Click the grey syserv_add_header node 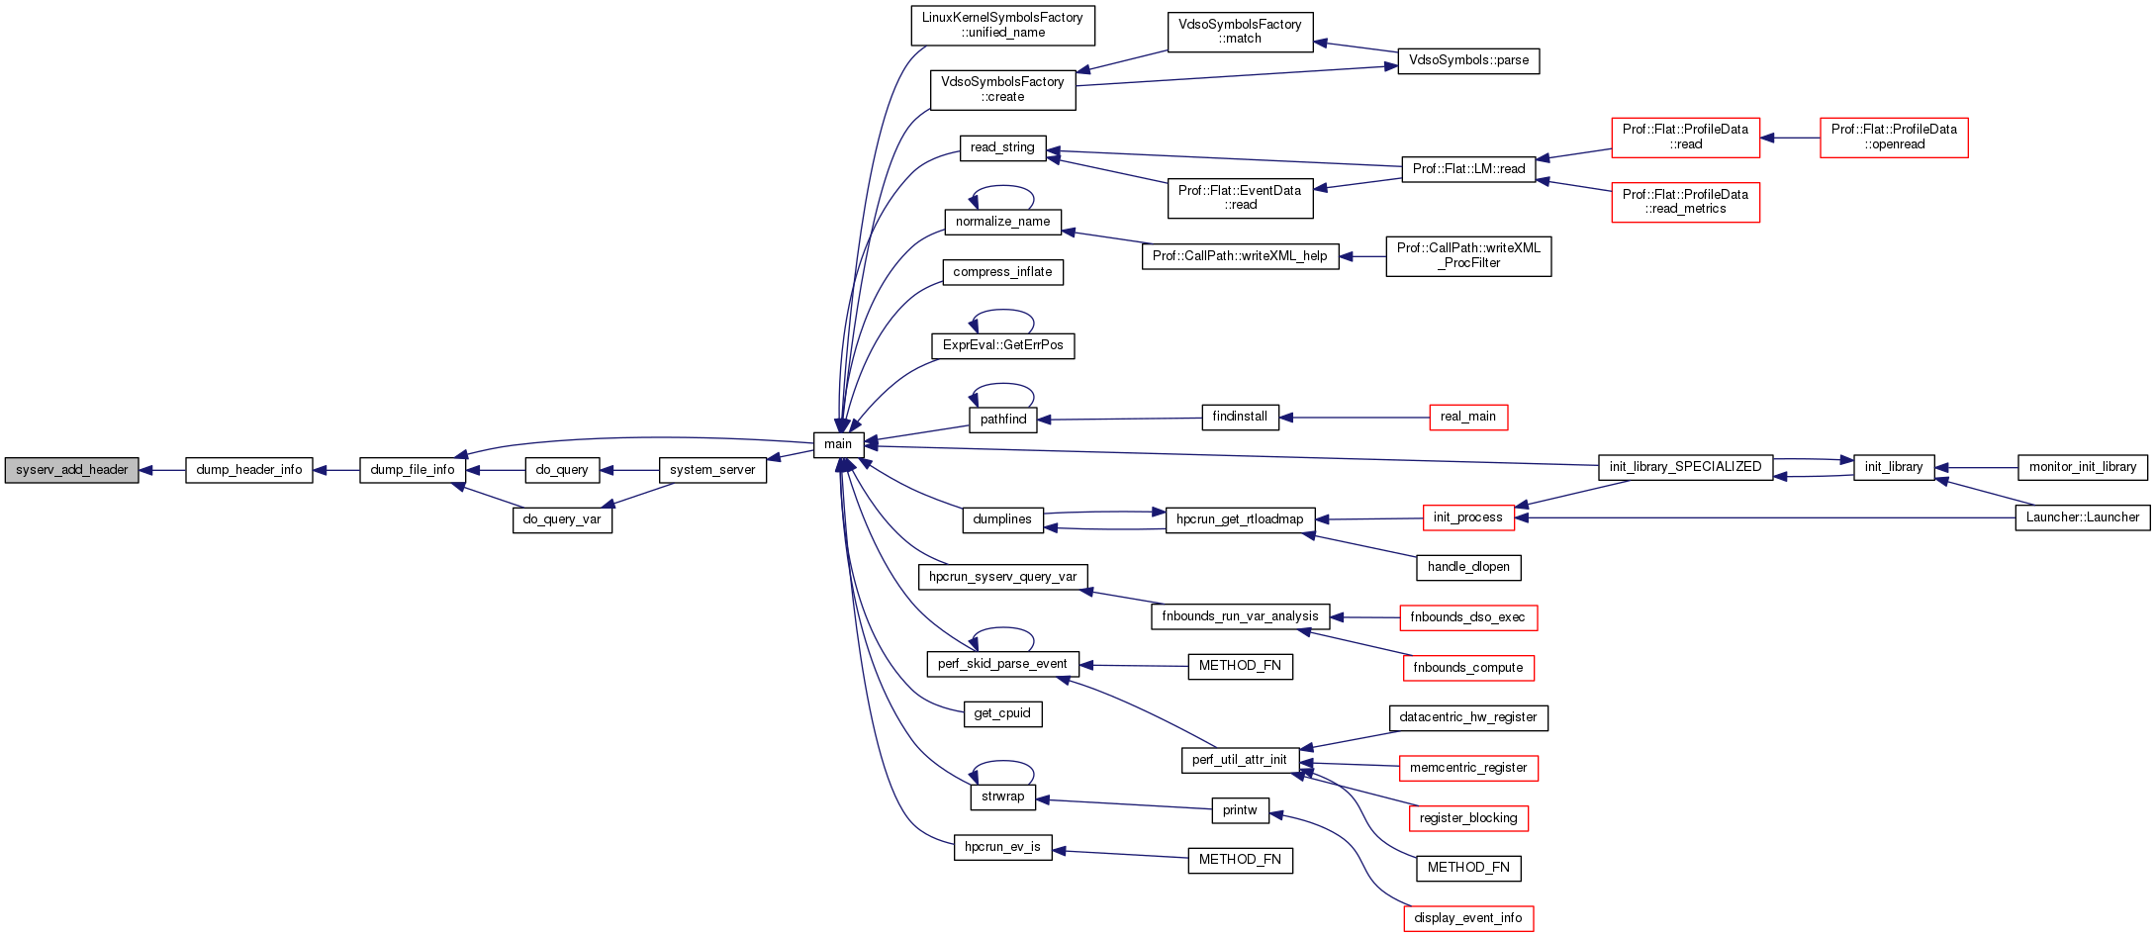71,470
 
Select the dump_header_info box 249,470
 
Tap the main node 838,444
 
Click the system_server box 712,470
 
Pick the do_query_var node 562,519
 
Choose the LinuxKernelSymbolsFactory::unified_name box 1002,26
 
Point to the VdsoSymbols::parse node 1468,60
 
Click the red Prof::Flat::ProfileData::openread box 1894,137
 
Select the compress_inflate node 1002,272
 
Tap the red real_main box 1468,417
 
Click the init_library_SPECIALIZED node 1685,467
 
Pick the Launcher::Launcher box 2082,517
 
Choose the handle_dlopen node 1468,567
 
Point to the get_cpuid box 1002,713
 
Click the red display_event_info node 1468,918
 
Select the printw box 1240,810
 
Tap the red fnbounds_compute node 1468,668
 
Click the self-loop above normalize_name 1002,187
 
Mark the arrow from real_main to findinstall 1356,418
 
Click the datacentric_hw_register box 1468,717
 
